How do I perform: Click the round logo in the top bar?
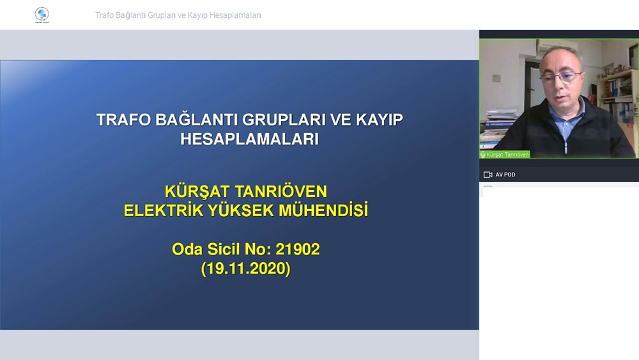point(42,15)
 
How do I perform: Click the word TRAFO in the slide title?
point(123,120)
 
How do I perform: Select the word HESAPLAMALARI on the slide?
point(249,139)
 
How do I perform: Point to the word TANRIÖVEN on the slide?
point(281,191)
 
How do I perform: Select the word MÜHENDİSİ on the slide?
point(323,210)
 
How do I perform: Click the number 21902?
point(298,249)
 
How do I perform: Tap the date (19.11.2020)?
point(246,269)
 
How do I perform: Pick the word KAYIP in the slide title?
point(380,120)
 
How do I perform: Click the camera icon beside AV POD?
point(488,175)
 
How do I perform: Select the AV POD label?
point(505,175)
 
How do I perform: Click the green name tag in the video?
point(505,155)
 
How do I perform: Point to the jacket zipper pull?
point(566,147)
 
